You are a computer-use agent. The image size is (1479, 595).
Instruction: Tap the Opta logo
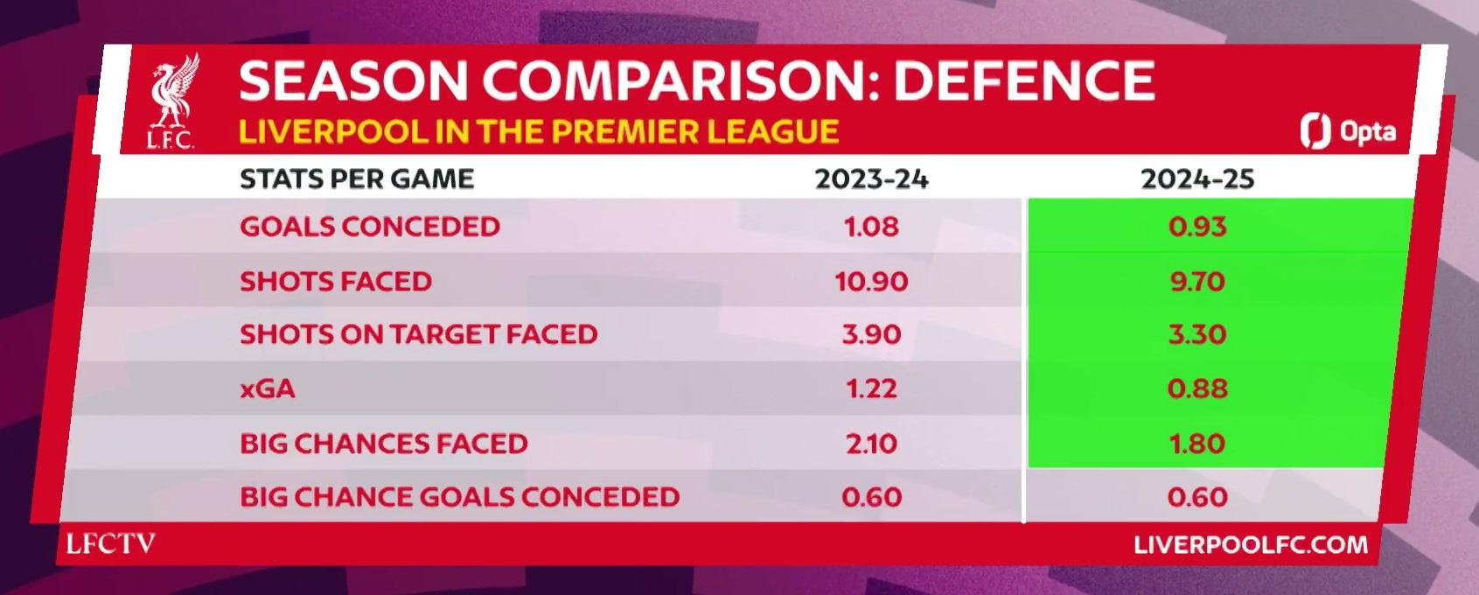[x=1349, y=131]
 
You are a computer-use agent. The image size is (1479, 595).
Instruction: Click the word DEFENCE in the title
[x=1024, y=80]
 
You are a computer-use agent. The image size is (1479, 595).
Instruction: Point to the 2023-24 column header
[x=871, y=179]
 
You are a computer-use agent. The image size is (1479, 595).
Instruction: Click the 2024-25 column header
[x=1197, y=179]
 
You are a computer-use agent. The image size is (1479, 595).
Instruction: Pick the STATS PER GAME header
[x=357, y=179]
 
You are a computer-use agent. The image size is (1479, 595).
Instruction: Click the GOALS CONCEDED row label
[x=370, y=227]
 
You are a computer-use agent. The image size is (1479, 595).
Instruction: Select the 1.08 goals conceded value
[x=871, y=227]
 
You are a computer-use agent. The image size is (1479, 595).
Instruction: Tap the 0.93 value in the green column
[x=1197, y=227]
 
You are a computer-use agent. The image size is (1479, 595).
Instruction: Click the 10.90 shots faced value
[x=871, y=282]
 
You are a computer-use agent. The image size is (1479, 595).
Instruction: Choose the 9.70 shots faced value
[x=1197, y=282]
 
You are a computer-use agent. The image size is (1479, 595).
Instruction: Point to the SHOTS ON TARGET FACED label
[x=419, y=334]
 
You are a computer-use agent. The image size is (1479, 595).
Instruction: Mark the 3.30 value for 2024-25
[x=1197, y=334]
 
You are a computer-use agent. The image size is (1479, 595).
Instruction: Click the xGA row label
[x=267, y=388]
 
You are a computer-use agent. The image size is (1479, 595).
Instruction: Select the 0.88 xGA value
[x=1197, y=388]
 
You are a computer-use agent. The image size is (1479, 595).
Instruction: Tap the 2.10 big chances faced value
[x=871, y=443]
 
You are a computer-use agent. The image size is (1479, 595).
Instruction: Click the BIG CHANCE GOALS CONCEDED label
[x=459, y=497]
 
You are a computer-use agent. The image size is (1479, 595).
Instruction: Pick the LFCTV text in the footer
[x=111, y=543]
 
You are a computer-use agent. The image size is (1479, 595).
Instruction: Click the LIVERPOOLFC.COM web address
[x=1252, y=545]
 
